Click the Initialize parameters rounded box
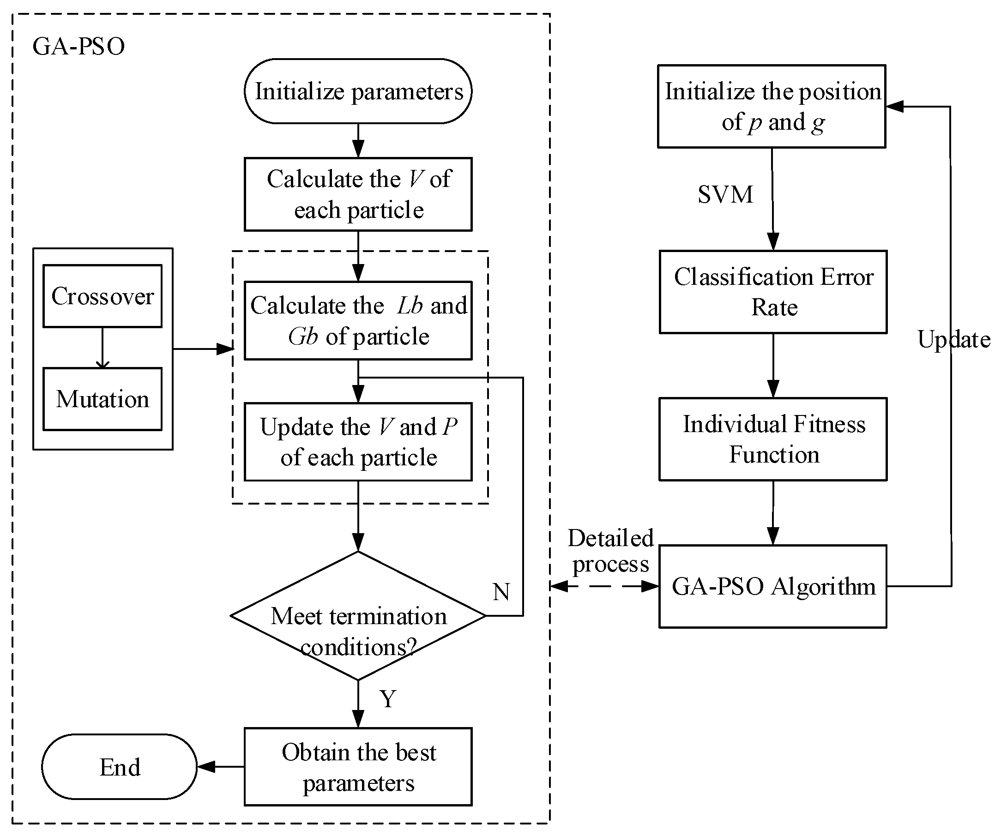pyautogui.click(x=358, y=91)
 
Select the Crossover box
pyautogui.click(x=102, y=296)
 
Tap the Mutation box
pyautogui.click(x=102, y=399)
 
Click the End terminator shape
pyautogui.click(x=119, y=767)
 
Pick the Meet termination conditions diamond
pyautogui.click(x=358, y=615)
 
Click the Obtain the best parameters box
pyautogui.click(x=358, y=767)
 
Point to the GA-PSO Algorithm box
pyautogui.click(x=772, y=586)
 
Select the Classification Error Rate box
pyautogui.click(x=772, y=292)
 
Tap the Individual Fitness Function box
pyautogui.click(x=772, y=439)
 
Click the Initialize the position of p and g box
pyautogui.click(x=772, y=106)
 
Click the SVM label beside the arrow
pyautogui.click(x=725, y=194)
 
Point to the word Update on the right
pyautogui.click(x=953, y=340)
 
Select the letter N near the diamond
pyautogui.click(x=501, y=592)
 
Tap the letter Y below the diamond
pyautogui.click(x=388, y=699)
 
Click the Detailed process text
pyautogui.click(x=610, y=552)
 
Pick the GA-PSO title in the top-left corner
pyautogui.click(x=78, y=47)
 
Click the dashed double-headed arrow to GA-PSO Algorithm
pyautogui.click(x=604, y=586)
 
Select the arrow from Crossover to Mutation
pyautogui.click(x=103, y=348)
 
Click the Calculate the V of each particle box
pyautogui.click(x=358, y=194)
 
